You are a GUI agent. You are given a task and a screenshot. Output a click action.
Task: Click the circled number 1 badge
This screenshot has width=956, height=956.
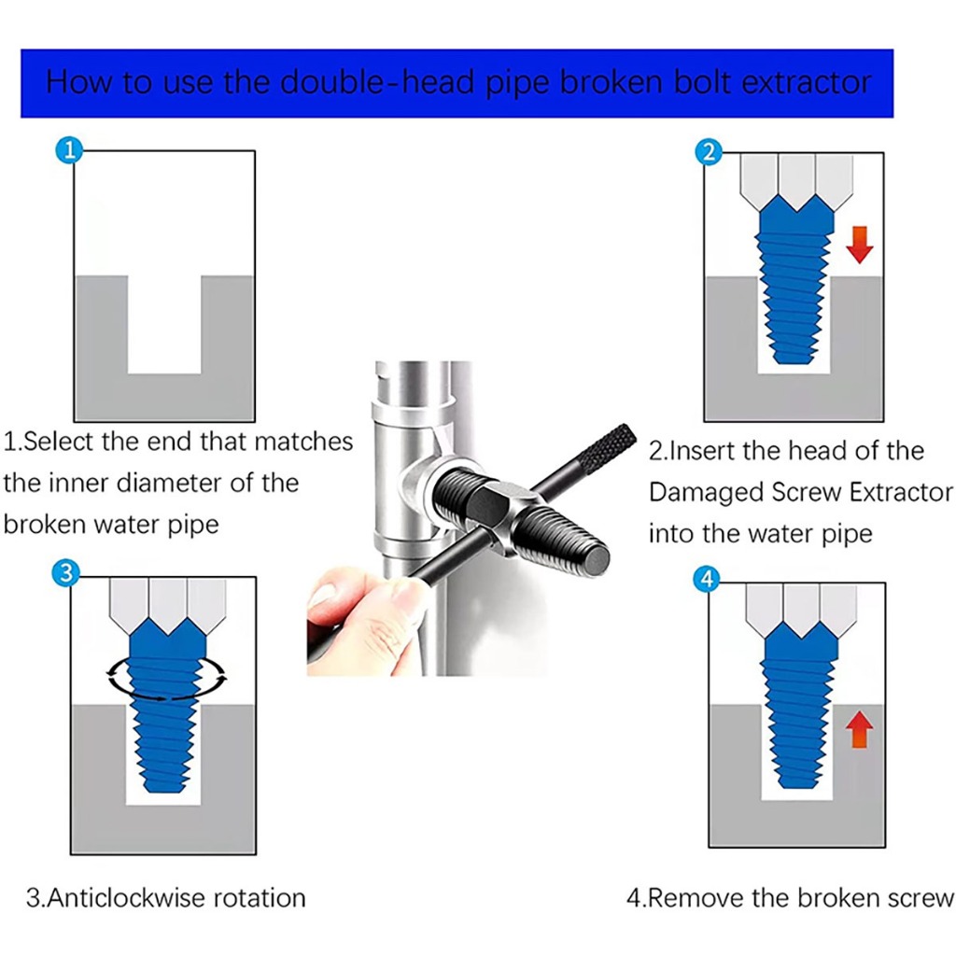point(69,150)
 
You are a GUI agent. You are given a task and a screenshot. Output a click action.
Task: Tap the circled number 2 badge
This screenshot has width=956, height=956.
point(709,152)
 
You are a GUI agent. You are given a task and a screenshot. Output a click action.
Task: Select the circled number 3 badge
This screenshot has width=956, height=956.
point(66,573)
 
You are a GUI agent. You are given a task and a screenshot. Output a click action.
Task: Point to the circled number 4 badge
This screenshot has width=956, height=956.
point(708,579)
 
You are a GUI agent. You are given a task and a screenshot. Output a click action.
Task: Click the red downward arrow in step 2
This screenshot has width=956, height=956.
point(860,245)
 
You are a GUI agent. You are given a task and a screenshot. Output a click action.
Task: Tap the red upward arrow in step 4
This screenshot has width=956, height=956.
point(859,729)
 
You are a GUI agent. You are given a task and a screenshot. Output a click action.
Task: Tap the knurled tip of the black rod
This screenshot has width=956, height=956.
point(611,449)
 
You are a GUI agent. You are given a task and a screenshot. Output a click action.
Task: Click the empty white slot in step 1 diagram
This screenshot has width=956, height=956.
point(164,324)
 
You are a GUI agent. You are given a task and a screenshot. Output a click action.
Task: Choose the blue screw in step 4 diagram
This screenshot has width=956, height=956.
point(800,710)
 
